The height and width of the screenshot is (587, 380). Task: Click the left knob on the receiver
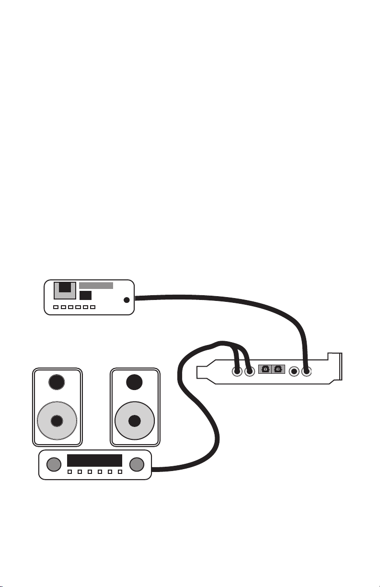[x=55, y=463]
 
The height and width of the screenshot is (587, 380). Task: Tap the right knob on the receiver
[x=137, y=463]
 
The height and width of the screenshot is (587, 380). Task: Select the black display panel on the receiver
[x=94, y=460]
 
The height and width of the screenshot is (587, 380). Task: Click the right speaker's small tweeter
[x=135, y=382]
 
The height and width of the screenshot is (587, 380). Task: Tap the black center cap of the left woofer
[x=57, y=421]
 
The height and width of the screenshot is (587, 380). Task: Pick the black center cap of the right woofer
[x=135, y=421]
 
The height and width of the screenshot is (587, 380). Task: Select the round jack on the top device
[x=127, y=300]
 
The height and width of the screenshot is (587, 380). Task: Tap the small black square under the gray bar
[x=86, y=295]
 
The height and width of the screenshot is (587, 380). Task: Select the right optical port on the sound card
[x=278, y=369]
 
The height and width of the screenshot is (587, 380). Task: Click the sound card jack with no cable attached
[x=294, y=370]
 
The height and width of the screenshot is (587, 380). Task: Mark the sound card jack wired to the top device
[x=306, y=370]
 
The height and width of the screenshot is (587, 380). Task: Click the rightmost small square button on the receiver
[x=120, y=472]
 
